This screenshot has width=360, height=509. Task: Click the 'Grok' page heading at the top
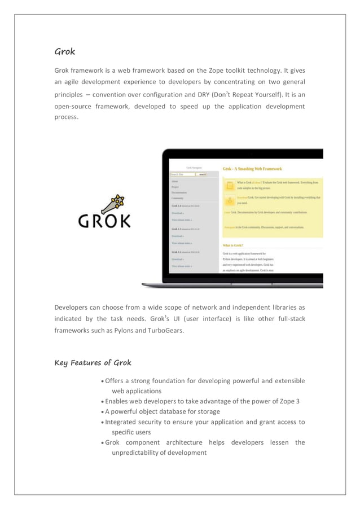[x=65, y=52]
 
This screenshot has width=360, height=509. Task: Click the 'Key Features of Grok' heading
[x=93, y=362]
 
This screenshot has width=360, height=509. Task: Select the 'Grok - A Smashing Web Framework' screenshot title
[x=252, y=168]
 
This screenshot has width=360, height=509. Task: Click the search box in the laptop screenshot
[x=183, y=174]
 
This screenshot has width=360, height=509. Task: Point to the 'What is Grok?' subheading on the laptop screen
[x=233, y=245]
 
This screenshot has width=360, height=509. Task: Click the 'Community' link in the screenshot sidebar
[x=177, y=199]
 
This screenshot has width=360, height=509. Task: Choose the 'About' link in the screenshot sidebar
[x=175, y=181]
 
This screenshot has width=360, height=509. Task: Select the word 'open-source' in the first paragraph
[x=76, y=106]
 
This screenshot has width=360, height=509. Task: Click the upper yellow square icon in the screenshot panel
[x=230, y=185]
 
